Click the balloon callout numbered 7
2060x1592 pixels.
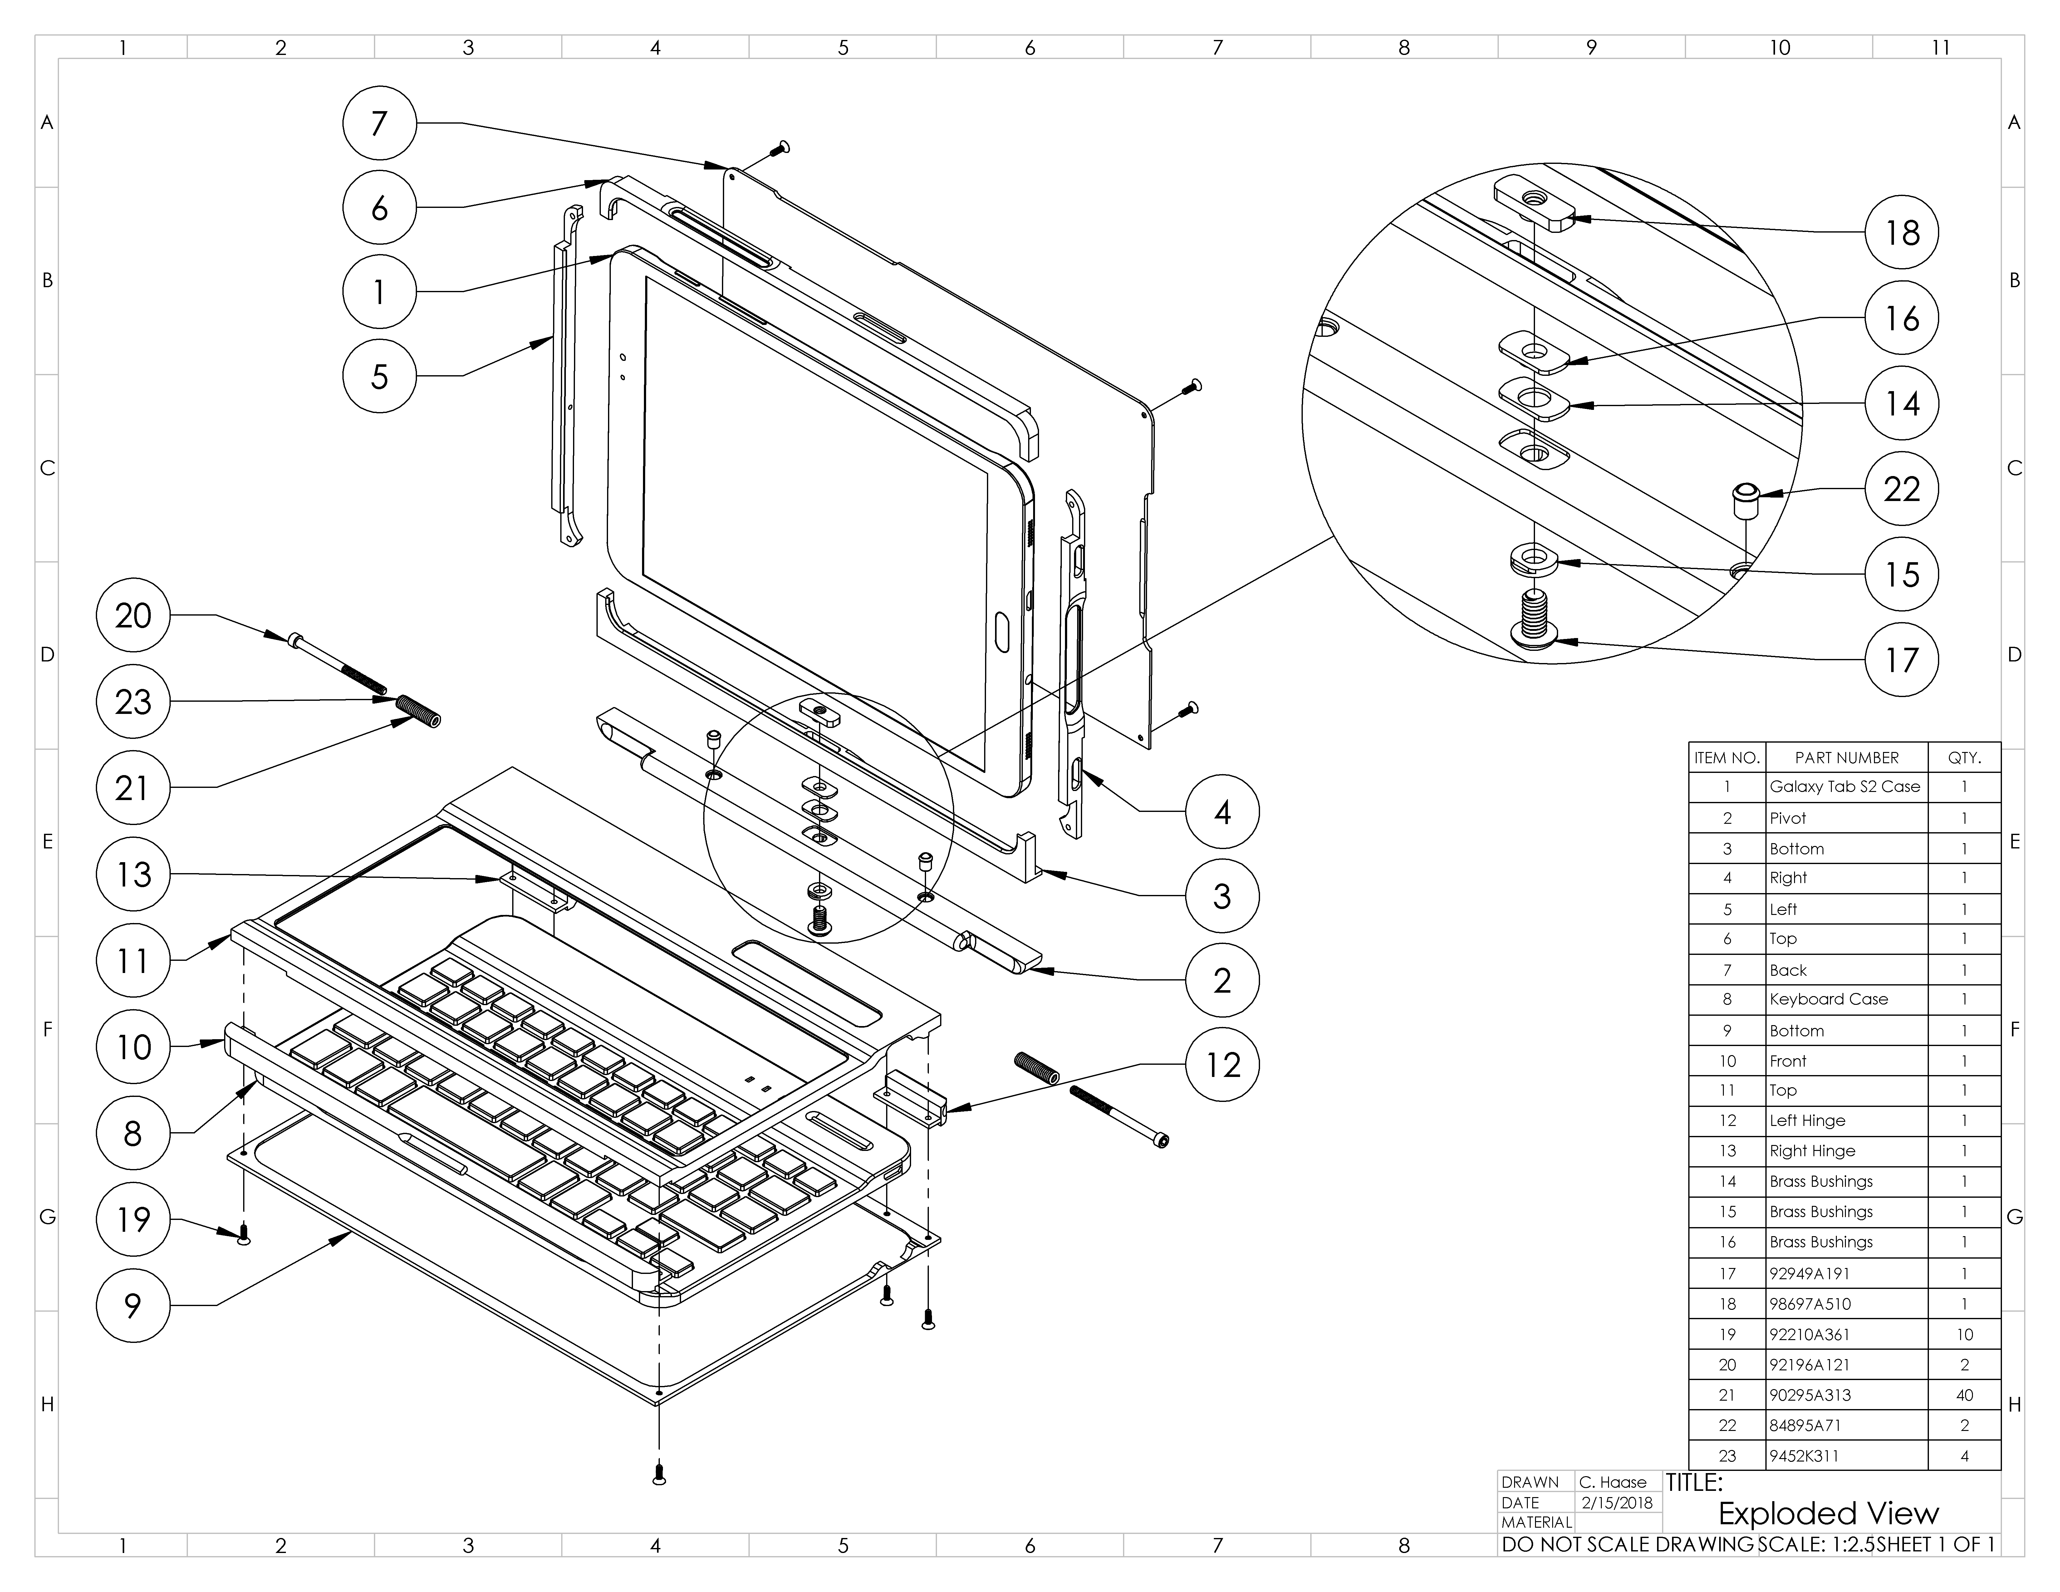pos(379,123)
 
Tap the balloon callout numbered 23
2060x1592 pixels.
pos(133,701)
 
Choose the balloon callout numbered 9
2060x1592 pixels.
pos(133,1305)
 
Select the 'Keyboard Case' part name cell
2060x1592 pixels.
pos(1828,999)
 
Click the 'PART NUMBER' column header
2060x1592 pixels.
pos(1846,757)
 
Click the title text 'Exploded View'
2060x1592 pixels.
pos(1828,1513)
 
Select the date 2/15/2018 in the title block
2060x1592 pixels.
pos(1617,1502)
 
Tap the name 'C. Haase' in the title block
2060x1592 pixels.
pos(1613,1482)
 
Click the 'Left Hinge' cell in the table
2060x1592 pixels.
pos(1807,1120)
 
